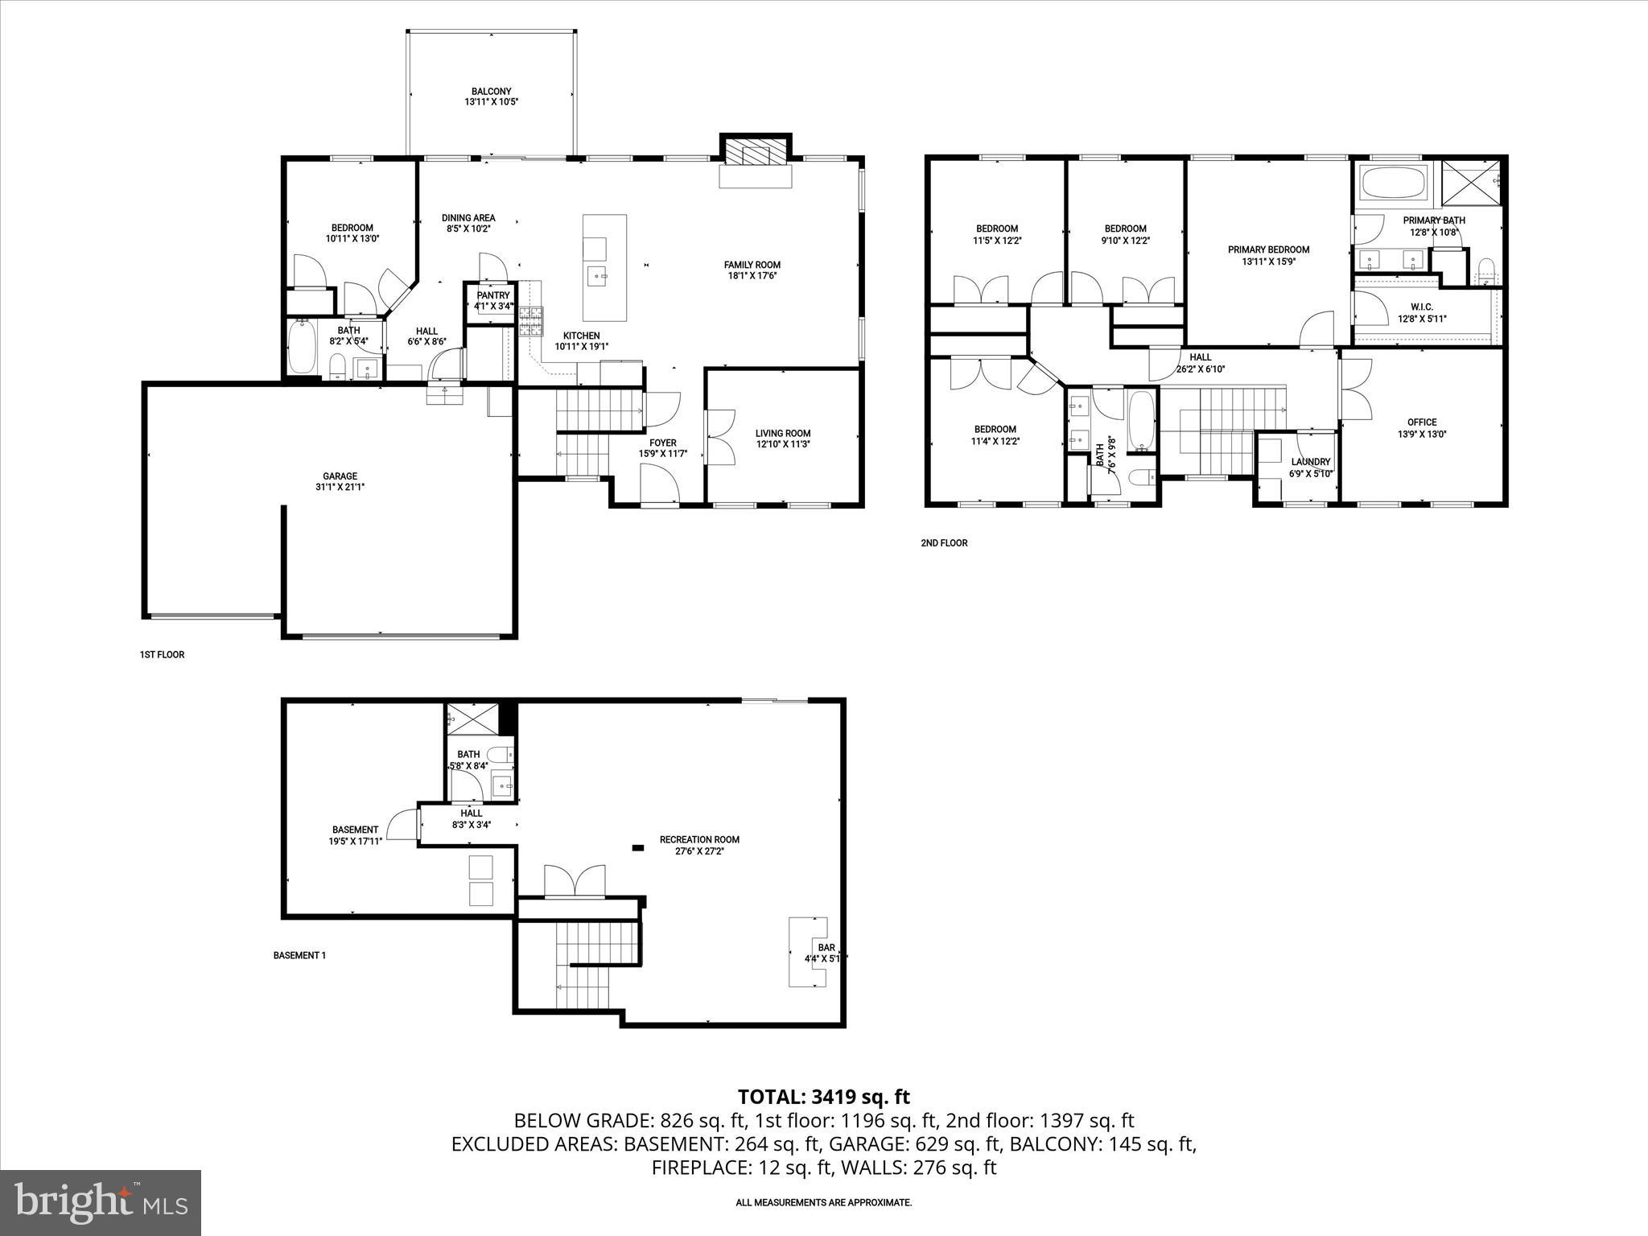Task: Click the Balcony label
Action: click(491, 92)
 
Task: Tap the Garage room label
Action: click(340, 476)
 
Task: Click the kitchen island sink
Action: click(597, 277)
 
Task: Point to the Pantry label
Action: click(492, 295)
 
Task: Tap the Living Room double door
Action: click(720, 437)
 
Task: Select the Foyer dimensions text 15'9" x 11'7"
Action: click(662, 454)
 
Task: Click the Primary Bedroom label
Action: click(1268, 249)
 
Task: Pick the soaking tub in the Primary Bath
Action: click(1394, 183)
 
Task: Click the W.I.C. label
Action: click(1422, 307)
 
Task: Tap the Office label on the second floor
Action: click(1422, 422)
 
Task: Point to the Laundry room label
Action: click(1311, 462)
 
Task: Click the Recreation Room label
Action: click(699, 839)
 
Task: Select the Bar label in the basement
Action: click(826, 948)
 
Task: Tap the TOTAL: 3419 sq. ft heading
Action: click(823, 1096)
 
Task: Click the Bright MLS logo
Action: click(101, 1202)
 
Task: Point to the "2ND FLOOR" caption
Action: click(944, 543)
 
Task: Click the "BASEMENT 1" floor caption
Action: click(299, 956)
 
